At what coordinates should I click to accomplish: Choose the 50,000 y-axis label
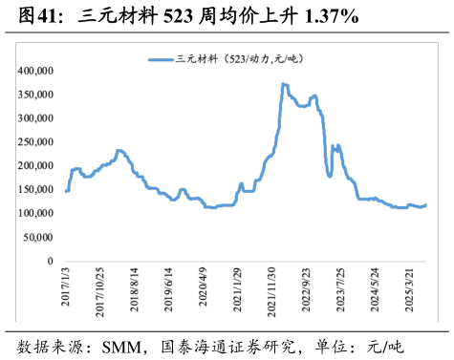pyautogui.click(x=39, y=237)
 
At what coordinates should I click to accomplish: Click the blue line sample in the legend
pyautogui.click(x=159, y=59)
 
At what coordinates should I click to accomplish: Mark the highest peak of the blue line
pyautogui.click(x=284, y=84)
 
